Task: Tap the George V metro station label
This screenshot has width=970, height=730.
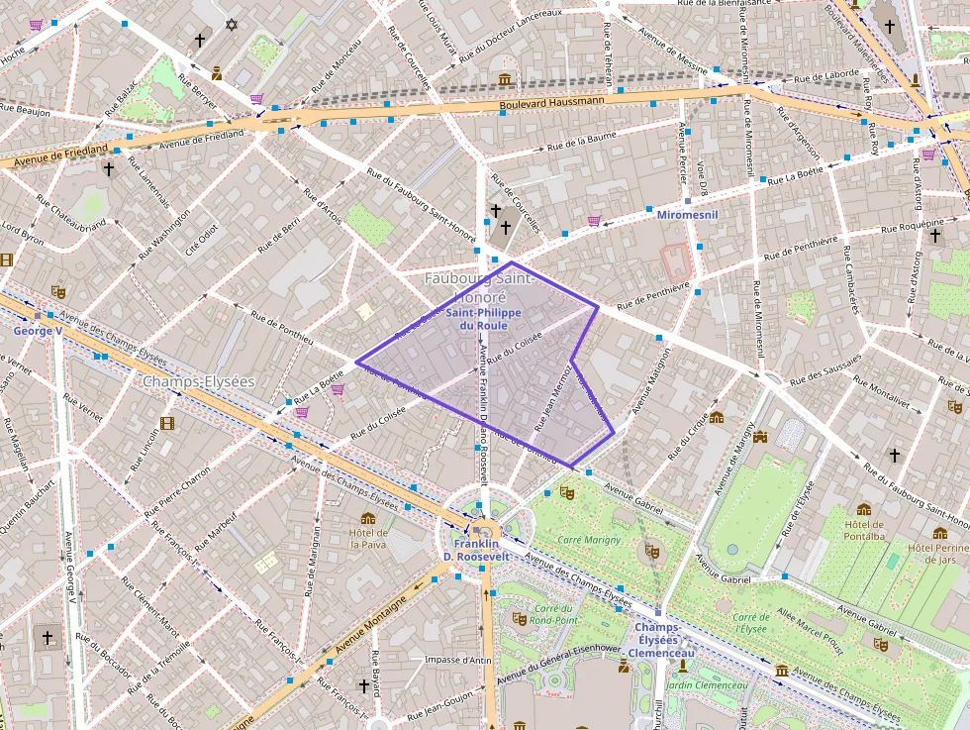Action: click(38, 330)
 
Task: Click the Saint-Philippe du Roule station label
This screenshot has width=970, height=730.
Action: click(477, 319)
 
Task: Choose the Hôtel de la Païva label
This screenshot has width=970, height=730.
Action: click(368, 538)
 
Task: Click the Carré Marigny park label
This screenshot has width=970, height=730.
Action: click(590, 540)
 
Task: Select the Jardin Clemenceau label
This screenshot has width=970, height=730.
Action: click(707, 685)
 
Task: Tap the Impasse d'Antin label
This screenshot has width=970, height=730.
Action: click(456, 660)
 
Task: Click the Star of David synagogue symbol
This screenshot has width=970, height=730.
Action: click(233, 24)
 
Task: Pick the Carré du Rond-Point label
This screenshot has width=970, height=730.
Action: click(553, 614)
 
